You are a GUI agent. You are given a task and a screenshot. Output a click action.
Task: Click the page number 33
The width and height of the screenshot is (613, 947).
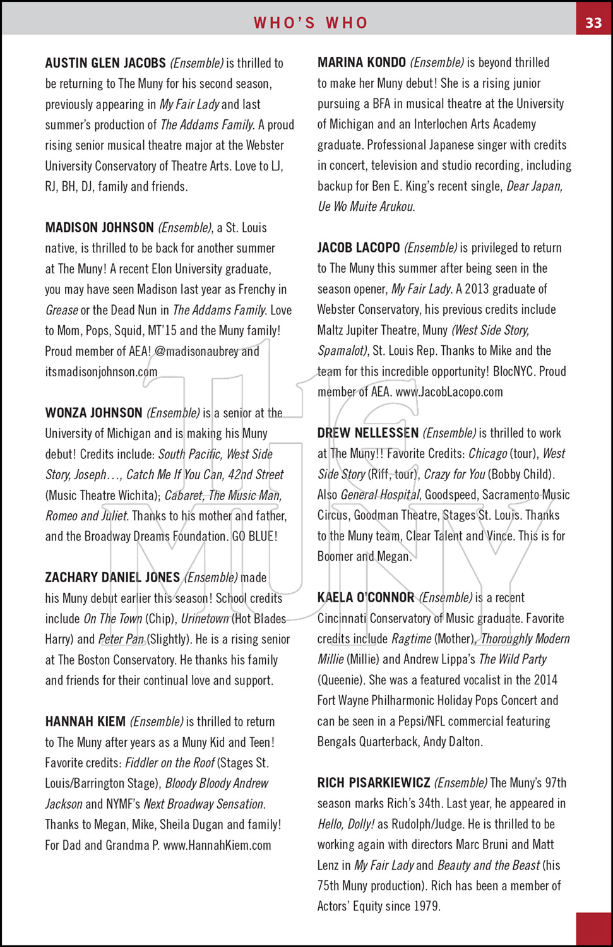(x=593, y=23)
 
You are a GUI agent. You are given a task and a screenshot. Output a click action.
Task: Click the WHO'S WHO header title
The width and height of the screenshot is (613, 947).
(x=311, y=23)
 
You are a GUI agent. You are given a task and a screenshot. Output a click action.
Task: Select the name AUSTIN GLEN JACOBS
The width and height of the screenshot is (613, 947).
(x=105, y=63)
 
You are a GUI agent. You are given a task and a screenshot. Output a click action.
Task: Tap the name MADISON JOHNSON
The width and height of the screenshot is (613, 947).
(x=100, y=227)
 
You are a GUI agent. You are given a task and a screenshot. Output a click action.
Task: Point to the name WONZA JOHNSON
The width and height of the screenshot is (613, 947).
(x=93, y=413)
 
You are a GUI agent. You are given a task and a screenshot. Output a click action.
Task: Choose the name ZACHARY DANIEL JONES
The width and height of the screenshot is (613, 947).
(x=112, y=577)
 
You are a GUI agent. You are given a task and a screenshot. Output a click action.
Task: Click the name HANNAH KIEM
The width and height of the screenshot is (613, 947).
(x=85, y=722)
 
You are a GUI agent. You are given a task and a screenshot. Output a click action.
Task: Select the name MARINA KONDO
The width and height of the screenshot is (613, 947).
(x=362, y=63)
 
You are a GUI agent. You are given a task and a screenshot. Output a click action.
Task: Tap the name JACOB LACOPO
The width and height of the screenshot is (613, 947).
(x=359, y=247)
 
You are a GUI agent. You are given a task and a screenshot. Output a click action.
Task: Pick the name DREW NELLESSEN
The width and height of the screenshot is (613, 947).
(x=368, y=433)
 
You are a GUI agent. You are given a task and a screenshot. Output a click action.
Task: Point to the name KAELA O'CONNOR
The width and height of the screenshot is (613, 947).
(x=366, y=597)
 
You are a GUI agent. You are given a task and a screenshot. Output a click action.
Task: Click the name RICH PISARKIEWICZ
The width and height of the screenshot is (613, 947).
(x=374, y=783)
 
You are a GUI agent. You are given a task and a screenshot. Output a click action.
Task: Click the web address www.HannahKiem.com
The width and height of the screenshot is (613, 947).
(x=217, y=845)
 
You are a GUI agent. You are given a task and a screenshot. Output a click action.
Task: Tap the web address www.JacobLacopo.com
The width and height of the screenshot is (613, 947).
(x=449, y=392)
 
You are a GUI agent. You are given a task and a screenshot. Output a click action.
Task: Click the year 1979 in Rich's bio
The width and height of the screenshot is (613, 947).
(x=426, y=906)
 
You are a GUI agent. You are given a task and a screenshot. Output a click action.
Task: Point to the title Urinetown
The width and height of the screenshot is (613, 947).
(x=205, y=619)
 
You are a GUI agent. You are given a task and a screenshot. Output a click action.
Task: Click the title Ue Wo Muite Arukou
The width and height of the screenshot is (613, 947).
(x=366, y=206)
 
